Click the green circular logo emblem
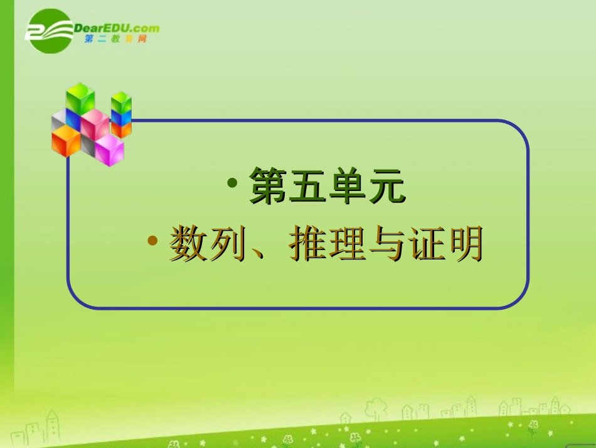[x=49, y=31]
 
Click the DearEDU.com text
[x=117, y=28]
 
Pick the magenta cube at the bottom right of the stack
[x=110, y=150]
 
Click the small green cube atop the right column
[x=121, y=101]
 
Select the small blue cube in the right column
[x=121, y=117]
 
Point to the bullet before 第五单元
[x=233, y=183]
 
